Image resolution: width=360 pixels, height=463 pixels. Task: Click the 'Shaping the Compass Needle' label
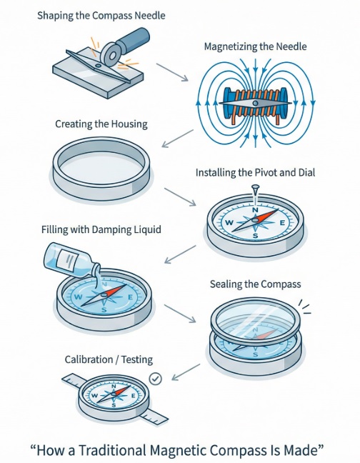[101, 16]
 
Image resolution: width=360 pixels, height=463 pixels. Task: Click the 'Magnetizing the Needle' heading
[256, 46]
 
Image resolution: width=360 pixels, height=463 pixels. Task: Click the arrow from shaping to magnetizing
[172, 72]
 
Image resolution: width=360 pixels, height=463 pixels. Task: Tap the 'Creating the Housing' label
[101, 124]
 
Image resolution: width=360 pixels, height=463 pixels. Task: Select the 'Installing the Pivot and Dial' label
[255, 172]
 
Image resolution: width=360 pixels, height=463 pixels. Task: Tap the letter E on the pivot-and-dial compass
[282, 223]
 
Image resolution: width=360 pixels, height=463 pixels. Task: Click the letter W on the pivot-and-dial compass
[229, 223]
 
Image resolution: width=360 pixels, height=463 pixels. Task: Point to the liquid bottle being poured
[71, 260]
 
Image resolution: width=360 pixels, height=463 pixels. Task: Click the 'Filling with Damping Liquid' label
[101, 229]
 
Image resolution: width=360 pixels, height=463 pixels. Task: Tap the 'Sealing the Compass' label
[256, 284]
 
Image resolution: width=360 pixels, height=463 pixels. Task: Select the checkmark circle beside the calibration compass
[155, 379]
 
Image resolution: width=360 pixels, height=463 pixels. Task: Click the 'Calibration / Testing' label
[109, 359]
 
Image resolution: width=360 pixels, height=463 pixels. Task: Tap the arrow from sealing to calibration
[186, 372]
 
